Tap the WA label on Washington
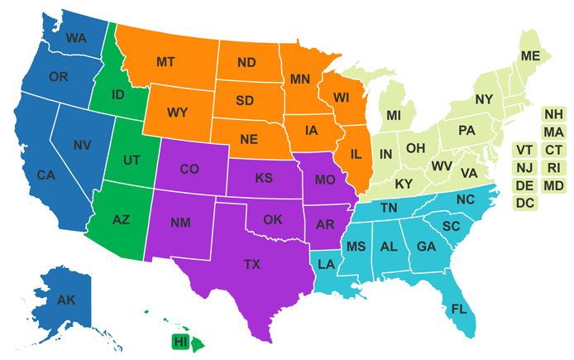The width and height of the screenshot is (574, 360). pos(76,38)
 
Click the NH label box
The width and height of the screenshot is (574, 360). pos(553,114)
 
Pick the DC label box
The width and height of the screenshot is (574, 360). pos(524,203)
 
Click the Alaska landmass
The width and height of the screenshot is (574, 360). pos(66,300)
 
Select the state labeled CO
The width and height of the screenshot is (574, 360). pos(189,169)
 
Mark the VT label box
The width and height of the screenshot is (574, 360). pos(524,150)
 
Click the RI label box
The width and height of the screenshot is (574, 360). pos(553,168)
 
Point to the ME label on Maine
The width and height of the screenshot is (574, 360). pos(529,56)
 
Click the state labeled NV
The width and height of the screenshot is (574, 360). pos(81,146)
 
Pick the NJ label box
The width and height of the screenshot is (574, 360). pos(524,168)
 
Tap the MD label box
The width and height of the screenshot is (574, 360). pos(553,185)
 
